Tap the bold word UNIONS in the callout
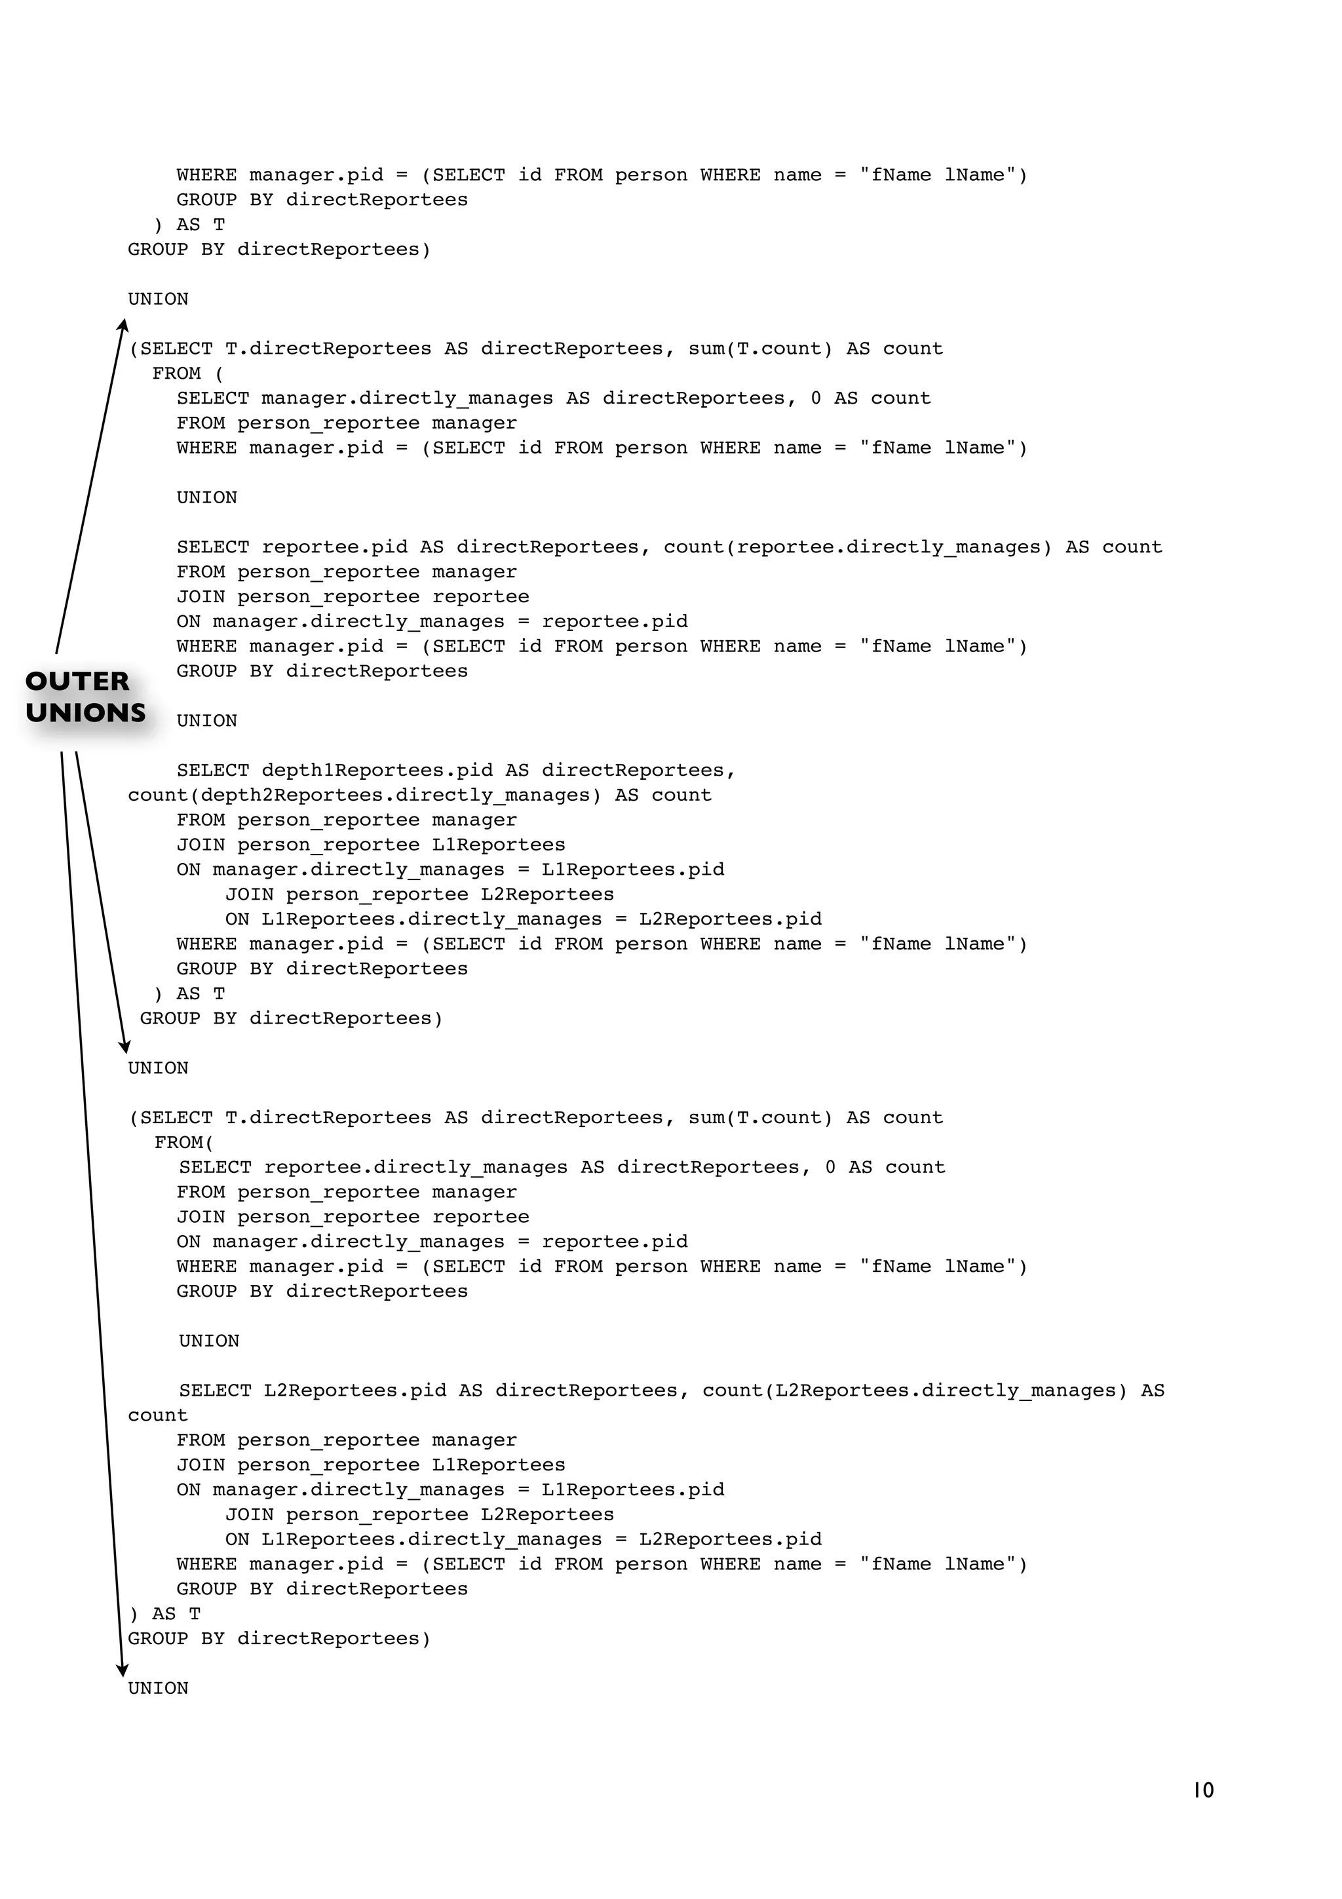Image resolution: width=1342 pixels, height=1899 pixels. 85,713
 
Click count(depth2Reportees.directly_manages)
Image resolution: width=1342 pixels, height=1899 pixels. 364,796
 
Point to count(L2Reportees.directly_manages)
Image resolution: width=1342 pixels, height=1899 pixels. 915,1391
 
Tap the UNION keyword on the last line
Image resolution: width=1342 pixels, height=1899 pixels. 158,1689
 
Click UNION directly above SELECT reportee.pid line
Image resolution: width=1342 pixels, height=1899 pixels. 206,498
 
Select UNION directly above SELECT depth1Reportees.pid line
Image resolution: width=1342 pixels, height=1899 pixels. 206,721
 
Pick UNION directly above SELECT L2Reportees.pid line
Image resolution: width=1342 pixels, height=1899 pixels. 209,1341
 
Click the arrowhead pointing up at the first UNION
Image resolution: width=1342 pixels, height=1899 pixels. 123,325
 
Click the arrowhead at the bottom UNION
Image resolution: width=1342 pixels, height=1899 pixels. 123,1671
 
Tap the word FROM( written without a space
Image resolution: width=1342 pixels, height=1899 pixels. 183,1143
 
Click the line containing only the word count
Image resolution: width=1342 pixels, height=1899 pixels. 158,1416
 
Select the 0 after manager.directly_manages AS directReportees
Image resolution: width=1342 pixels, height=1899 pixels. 816,398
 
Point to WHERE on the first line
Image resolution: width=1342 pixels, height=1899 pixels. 206,176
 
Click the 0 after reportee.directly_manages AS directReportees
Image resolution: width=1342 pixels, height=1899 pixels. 830,1168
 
